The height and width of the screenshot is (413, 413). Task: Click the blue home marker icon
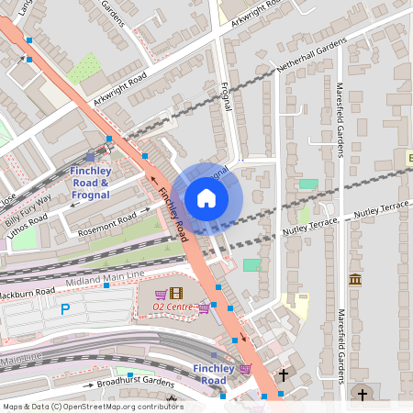coord(206,198)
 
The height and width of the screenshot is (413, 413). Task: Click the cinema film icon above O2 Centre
coord(176,292)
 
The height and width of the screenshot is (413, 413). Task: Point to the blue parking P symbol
coord(65,310)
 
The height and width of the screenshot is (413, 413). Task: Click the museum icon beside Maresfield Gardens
coord(354,279)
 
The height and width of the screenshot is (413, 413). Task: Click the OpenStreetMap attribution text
coord(92,407)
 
